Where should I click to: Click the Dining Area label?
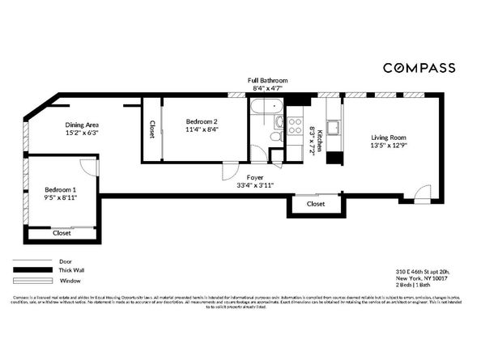(x=82, y=125)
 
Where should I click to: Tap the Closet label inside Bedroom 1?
(x=62, y=233)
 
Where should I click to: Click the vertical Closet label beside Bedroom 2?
(x=151, y=129)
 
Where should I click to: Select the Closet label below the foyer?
(x=316, y=204)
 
